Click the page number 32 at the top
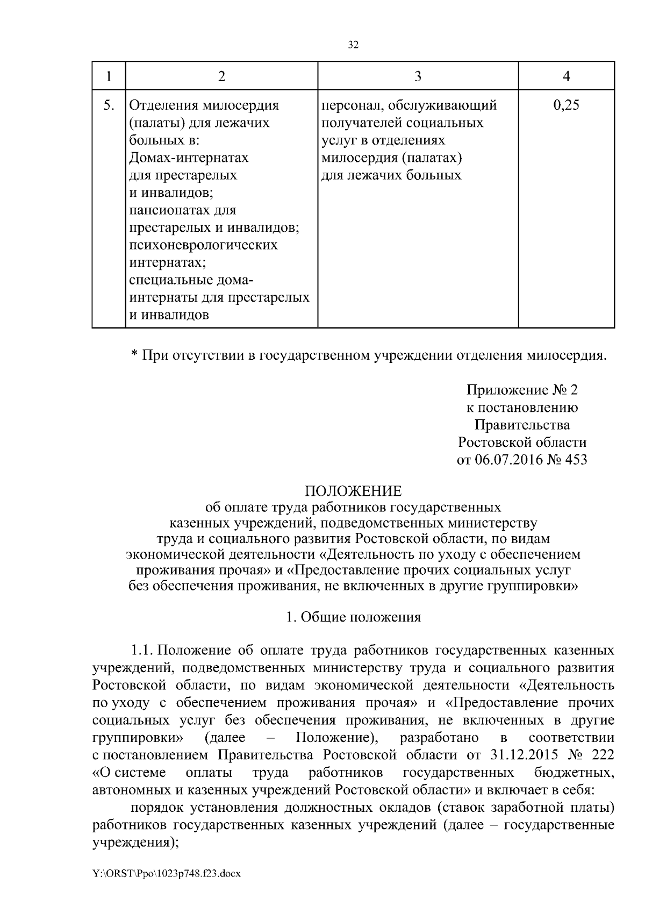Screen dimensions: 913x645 pos(353,45)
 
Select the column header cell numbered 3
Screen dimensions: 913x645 pos(418,76)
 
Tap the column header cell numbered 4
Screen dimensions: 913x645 pos(566,76)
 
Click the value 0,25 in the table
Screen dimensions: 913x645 pos(566,105)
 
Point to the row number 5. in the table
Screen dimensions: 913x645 pos(109,105)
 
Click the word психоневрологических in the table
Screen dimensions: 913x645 pos(204,245)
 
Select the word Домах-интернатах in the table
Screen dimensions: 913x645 pos(189,158)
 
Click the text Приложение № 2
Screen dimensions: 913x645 pos(522,389)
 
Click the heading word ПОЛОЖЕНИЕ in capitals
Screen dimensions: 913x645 pos(353,491)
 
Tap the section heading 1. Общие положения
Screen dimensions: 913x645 pos(353,617)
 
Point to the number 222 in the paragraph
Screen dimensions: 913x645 pos(602,755)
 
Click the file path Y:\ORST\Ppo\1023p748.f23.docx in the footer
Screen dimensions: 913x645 pos(166,874)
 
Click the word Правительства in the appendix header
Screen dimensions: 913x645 pos(522,425)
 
